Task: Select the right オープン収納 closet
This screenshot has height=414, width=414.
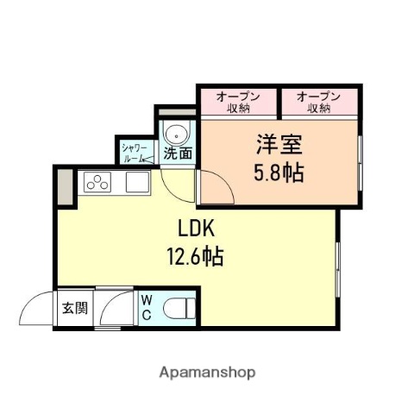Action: point(319,102)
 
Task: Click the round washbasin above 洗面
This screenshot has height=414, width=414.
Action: point(178,135)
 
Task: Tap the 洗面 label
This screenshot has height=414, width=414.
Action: point(178,156)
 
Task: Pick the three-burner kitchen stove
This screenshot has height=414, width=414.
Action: point(97,182)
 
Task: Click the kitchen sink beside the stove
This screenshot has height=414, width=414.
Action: point(137,182)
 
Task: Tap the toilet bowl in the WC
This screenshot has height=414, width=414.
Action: point(180,308)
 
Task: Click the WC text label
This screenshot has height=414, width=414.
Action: point(147,308)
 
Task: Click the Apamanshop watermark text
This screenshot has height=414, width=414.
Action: point(207,373)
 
